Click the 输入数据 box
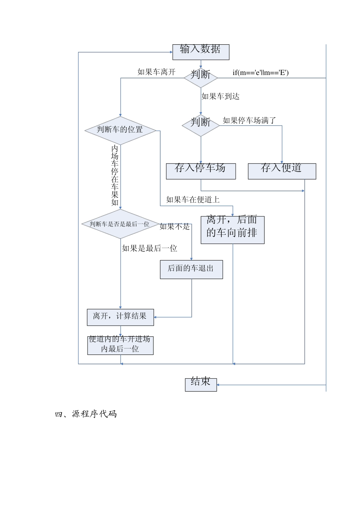201,52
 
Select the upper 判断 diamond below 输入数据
201,77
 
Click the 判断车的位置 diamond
120,130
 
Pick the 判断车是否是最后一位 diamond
120,224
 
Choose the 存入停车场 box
201,171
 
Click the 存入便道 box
282,171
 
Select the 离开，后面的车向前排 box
232,230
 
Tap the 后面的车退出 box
191,269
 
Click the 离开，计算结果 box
120,317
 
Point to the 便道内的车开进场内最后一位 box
120,345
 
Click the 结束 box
201,384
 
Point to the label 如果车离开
157,72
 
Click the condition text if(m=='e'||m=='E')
261,73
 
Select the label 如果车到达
221,97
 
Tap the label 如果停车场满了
249,120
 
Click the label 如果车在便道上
193,200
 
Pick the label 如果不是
175,226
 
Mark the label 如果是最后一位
150,248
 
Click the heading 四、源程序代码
86,414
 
